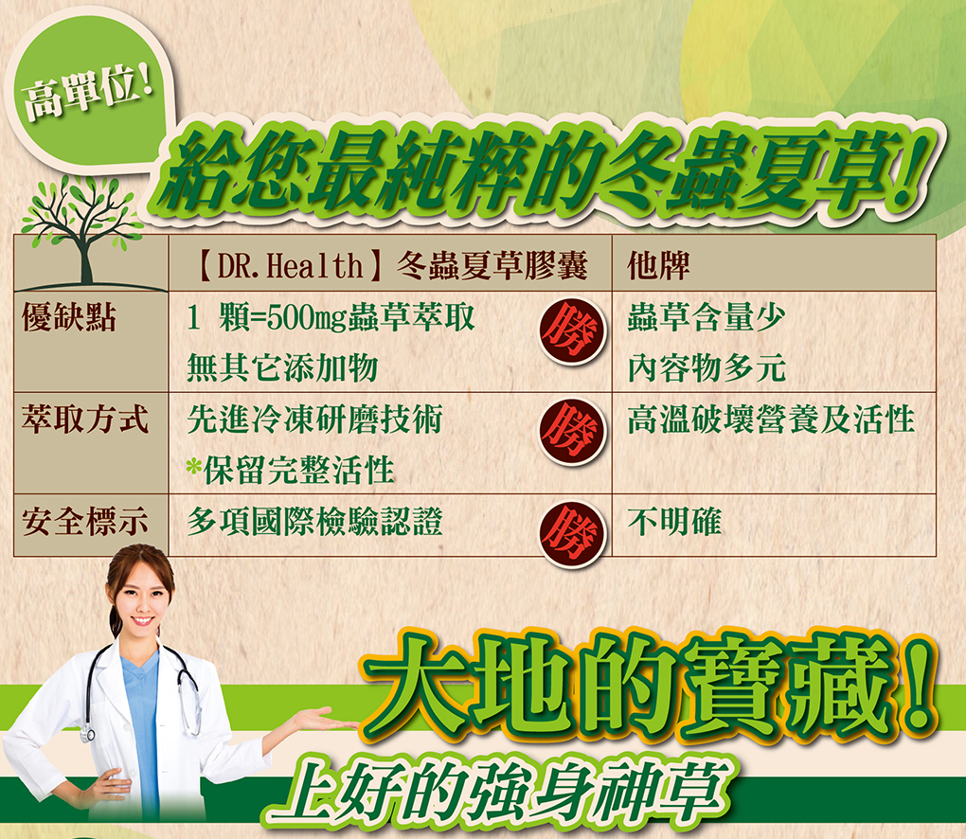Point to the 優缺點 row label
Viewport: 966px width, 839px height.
68,319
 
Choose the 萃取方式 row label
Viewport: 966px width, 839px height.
85,419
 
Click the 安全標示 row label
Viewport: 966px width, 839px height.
85,522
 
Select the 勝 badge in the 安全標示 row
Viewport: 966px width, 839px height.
572,531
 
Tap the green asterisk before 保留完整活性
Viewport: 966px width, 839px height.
194,467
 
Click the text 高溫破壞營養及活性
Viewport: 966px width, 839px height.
771,419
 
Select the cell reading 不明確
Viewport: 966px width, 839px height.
674,522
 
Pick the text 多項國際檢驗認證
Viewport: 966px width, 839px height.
314,522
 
